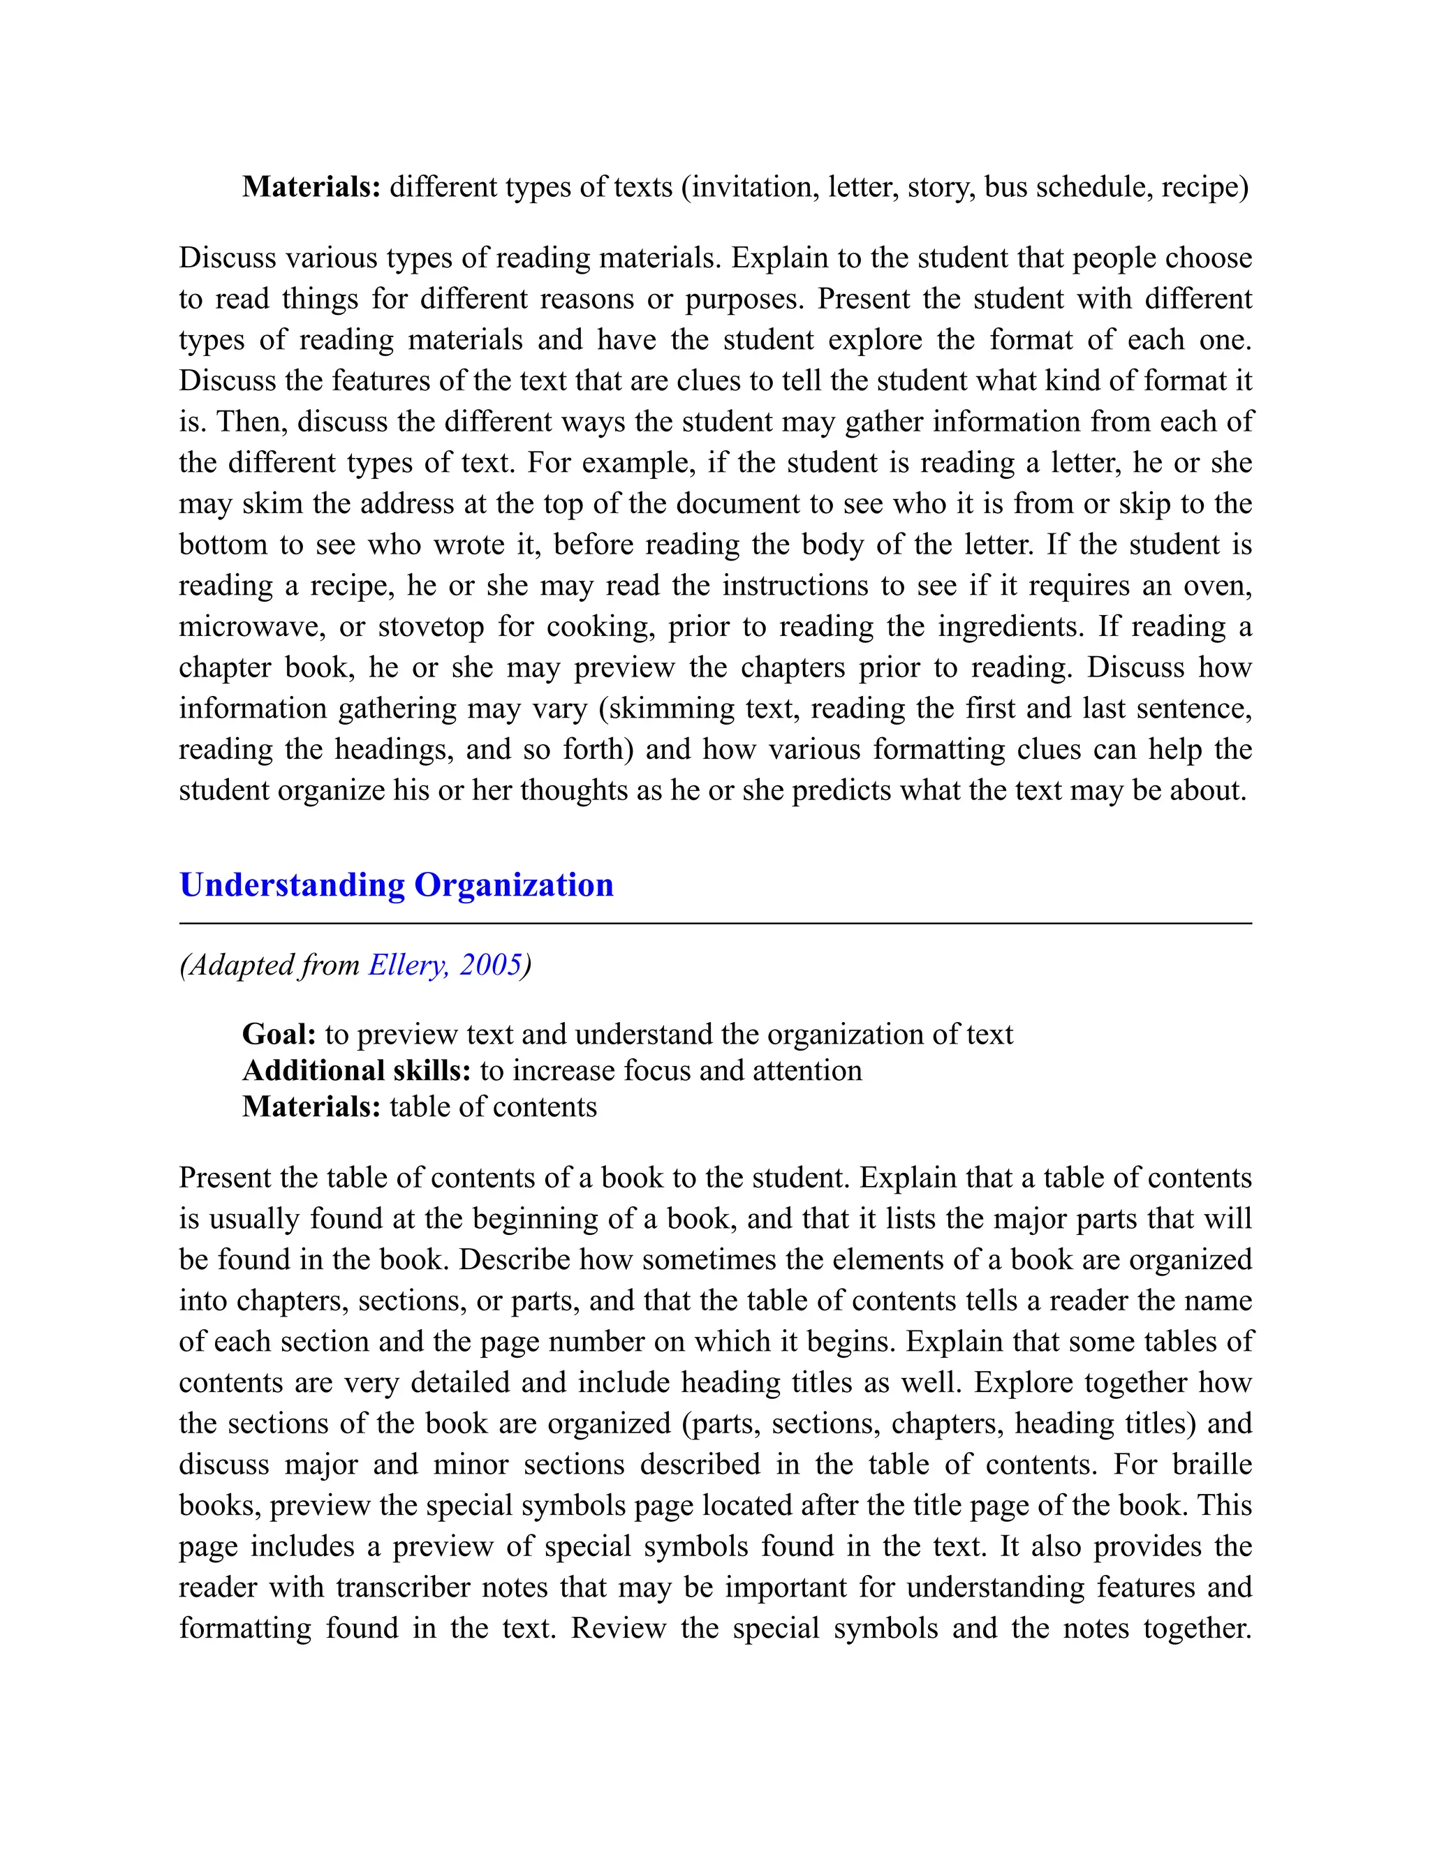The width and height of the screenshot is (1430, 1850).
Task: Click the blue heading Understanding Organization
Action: tap(396, 885)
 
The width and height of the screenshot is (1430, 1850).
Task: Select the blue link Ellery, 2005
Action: tap(445, 965)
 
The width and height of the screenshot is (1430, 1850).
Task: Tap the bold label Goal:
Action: tap(279, 1035)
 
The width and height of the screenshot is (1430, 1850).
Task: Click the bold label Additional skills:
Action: tap(356, 1071)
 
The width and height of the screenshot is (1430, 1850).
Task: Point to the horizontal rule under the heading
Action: tap(715, 924)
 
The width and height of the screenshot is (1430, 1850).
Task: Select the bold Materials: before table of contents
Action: tap(311, 1107)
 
